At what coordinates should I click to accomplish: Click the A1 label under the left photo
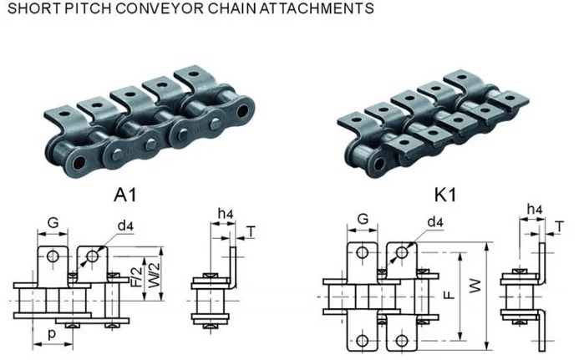125,195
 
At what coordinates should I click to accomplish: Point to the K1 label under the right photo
444,195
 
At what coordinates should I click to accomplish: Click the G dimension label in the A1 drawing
53,224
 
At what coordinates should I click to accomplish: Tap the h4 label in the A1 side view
224,215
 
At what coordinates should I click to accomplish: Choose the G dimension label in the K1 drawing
363,219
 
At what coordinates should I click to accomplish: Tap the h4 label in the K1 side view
532,209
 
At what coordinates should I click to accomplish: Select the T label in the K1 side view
559,224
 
